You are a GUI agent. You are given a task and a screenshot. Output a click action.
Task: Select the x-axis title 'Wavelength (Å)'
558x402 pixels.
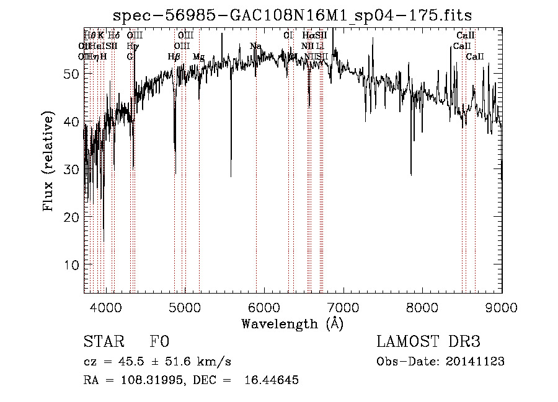click(292, 323)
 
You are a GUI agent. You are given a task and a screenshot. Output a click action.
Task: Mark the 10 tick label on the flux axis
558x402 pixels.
click(70, 264)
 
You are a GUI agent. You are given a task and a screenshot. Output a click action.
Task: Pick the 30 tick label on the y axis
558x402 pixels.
click(70, 169)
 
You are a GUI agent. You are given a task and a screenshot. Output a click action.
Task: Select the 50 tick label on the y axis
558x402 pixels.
click(70, 74)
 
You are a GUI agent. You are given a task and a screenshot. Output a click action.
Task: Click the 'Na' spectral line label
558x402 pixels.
click(255, 46)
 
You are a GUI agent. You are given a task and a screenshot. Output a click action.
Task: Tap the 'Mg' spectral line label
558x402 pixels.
click(198, 56)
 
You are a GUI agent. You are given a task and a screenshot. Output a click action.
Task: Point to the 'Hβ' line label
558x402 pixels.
click(174, 56)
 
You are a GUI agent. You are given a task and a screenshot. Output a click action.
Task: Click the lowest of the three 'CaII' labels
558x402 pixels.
click(475, 56)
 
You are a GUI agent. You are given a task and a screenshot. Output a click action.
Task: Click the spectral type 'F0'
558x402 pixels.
click(159, 342)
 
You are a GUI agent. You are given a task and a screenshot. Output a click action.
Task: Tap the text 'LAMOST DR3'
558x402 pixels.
click(428, 342)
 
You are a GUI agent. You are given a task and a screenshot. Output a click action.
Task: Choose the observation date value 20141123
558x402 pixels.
click(475, 362)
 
